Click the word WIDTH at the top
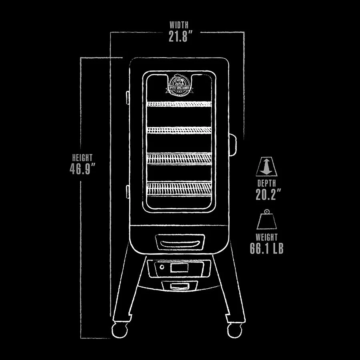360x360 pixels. click(178, 25)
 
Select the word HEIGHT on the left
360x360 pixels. click(82, 158)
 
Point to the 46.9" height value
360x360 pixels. click(83, 169)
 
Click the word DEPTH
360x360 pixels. click(266, 183)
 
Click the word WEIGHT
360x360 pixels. click(266, 237)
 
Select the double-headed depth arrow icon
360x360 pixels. click(266, 166)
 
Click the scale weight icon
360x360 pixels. click(266, 220)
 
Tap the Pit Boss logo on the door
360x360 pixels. click(178, 84)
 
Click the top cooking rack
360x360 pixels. click(178, 104)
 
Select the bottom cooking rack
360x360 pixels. click(178, 188)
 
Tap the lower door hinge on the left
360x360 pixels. click(127, 191)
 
